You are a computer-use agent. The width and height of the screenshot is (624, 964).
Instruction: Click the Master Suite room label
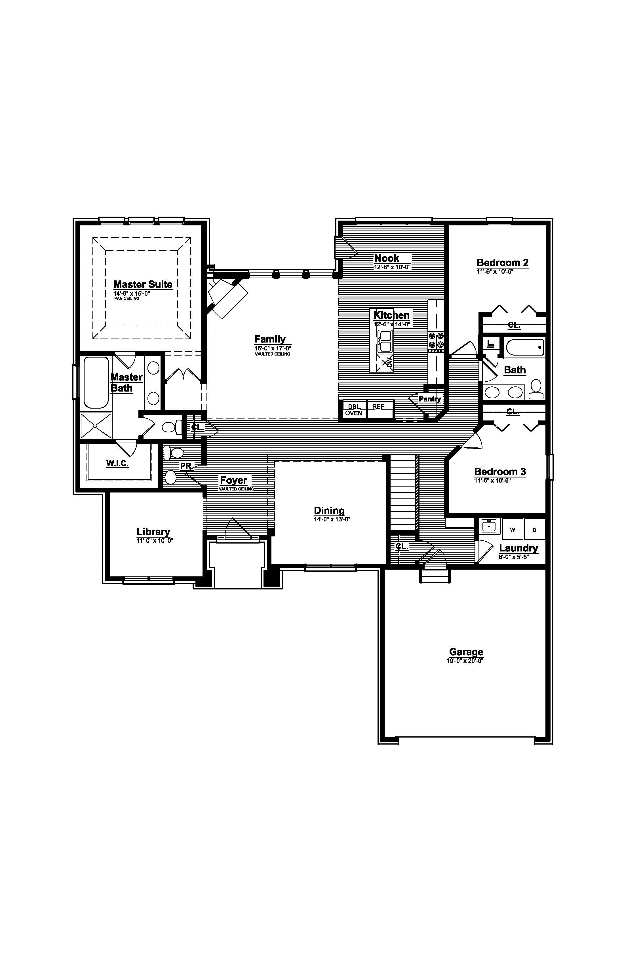143,284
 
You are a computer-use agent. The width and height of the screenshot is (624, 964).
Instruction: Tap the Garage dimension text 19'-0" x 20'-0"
465,661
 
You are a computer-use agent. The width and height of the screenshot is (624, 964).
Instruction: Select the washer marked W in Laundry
513,529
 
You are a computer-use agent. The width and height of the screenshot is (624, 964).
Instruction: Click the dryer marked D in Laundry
534,529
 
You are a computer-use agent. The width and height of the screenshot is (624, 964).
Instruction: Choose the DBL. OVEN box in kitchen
354,409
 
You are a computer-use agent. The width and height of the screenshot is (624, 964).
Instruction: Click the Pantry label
429,399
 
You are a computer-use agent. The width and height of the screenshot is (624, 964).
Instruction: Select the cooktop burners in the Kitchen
436,340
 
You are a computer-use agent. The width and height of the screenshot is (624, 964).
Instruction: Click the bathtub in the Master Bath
96,382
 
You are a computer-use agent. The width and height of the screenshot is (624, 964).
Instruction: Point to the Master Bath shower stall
96,425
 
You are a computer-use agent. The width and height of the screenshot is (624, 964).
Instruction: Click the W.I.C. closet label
117,463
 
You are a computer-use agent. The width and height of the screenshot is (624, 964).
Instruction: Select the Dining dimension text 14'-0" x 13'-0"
332,519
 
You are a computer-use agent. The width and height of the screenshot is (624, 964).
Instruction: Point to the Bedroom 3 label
500,472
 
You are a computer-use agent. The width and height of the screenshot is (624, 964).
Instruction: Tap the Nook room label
387,258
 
